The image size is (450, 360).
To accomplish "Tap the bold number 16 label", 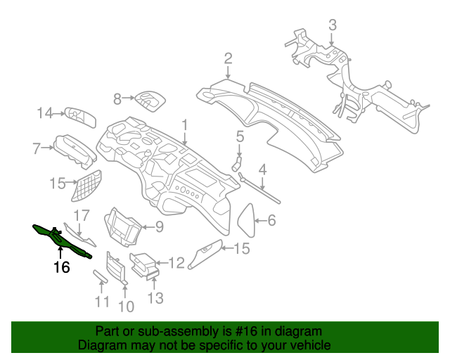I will click(x=62, y=267).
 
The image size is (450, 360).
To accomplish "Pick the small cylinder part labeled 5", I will click(x=237, y=165).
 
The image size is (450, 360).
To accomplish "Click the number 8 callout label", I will click(x=118, y=99).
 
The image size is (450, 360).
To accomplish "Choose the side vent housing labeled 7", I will click(x=75, y=148).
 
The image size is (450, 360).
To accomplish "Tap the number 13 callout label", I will click(x=155, y=298).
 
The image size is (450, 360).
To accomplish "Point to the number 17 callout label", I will click(x=82, y=214).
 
